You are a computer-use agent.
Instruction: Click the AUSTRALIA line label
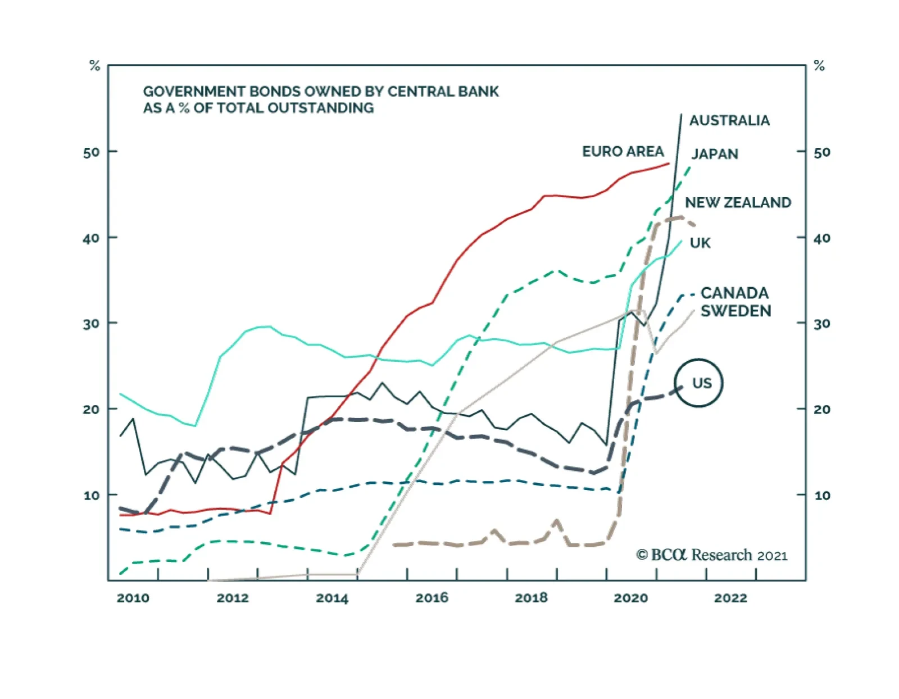click(x=729, y=120)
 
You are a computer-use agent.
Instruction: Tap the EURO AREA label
click(x=623, y=151)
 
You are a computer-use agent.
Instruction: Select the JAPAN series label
click(x=714, y=154)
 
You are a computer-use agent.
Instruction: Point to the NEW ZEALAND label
click(x=737, y=202)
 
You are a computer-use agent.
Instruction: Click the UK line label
click(x=700, y=243)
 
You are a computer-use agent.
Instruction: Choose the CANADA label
click(x=734, y=293)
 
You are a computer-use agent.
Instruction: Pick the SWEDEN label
click(x=735, y=311)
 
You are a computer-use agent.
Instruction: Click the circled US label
click(x=701, y=383)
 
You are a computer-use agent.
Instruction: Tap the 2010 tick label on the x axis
click(x=133, y=598)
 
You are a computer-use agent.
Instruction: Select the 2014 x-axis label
click(x=332, y=598)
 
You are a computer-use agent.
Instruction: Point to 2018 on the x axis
click(x=531, y=598)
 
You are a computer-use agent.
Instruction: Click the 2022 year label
click(x=730, y=598)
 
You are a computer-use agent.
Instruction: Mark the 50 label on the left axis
click(x=91, y=152)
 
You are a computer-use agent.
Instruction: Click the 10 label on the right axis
click(x=822, y=496)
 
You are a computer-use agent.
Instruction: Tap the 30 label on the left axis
click(x=91, y=324)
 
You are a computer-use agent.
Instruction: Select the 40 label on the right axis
click(x=822, y=238)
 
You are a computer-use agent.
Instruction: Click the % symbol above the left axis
click(x=94, y=66)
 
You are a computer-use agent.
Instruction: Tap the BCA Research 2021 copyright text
click(x=711, y=555)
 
